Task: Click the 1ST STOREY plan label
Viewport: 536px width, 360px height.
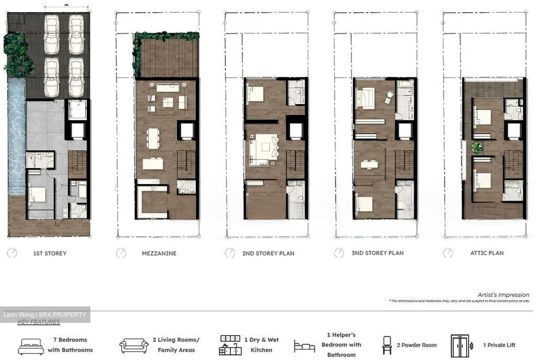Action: pyautogui.click(x=50, y=254)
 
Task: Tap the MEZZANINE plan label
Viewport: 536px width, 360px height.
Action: pyautogui.click(x=159, y=254)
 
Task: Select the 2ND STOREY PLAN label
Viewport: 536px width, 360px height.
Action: pyautogui.click(x=268, y=254)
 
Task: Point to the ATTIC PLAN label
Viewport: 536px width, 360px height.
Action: pyautogui.click(x=487, y=253)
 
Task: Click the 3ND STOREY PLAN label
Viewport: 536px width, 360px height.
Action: pyautogui.click(x=377, y=253)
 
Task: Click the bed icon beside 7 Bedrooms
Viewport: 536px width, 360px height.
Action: pyautogui.click(x=31, y=346)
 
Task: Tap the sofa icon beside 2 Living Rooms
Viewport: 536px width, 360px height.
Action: pyautogui.click(x=134, y=345)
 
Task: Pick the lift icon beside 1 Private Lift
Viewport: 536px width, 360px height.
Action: pyautogui.click(x=460, y=345)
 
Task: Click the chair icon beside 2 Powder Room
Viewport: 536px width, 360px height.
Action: pyautogui.click(x=387, y=345)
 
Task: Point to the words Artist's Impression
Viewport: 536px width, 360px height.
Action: pyautogui.click(x=503, y=295)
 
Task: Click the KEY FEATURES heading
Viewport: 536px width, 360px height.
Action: pyautogui.click(x=39, y=322)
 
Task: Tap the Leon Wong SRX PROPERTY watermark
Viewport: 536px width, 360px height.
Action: pyautogui.click(x=45, y=315)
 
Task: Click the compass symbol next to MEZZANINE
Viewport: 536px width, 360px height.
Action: pyautogui.click(x=121, y=253)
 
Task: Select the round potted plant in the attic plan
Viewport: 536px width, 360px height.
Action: pyautogui.click(x=476, y=148)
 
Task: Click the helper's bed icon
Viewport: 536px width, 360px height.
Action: pyautogui.click(x=304, y=346)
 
